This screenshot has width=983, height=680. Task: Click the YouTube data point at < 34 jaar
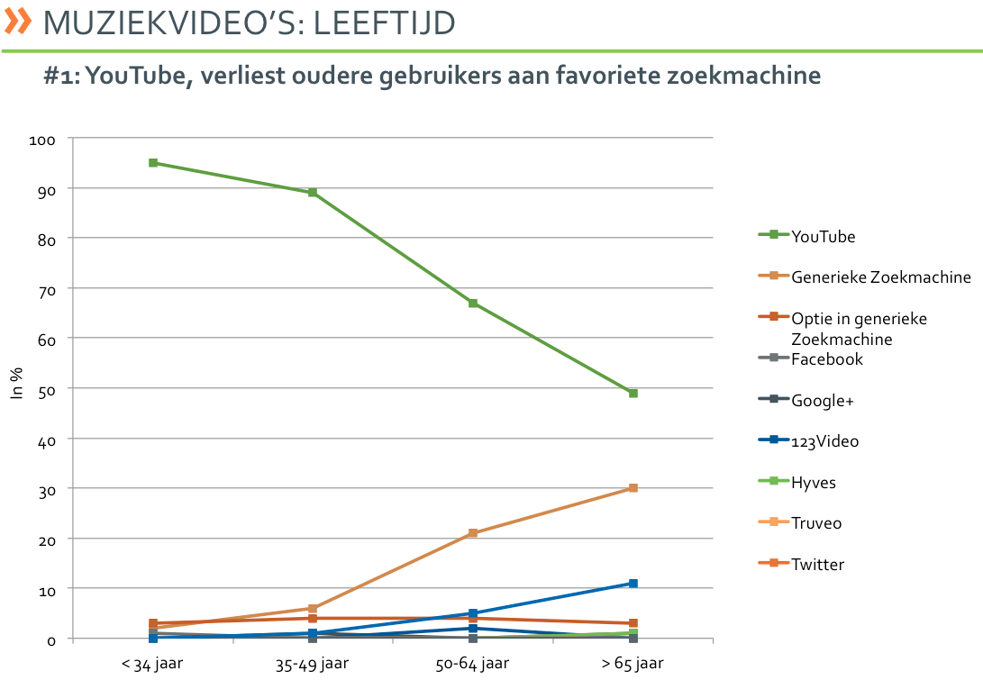click(x=153, y=163)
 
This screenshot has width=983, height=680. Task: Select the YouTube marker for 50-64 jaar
click(x=473, y=304)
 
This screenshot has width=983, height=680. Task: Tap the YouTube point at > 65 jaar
click(x=633, y=394)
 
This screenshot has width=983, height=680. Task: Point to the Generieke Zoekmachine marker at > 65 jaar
click(x=633, y=488)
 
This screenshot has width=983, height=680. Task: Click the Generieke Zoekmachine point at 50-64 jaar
click(x=473, y=533)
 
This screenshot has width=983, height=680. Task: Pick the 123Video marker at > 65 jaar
click(x=633, y=584)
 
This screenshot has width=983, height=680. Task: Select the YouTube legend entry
click(x=823, y=237)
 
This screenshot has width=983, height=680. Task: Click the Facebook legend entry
click(x=826, y=359)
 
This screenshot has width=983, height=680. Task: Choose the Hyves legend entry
click(x=813, y=483)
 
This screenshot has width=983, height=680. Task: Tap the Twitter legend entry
click(x=817, y=565)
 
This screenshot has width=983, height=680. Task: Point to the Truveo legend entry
click(x=816, y=523)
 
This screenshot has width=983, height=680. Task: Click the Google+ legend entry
click(x=822, y=400)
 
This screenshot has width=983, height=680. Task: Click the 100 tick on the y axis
click(x=44, y=140)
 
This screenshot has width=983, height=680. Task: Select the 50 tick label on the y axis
click(x=48, y=389)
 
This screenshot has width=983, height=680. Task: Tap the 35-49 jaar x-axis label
click(x=313, y=664)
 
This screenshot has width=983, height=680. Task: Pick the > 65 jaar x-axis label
click(x=633, y=664)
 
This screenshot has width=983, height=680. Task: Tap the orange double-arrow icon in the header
click(x=18, y=22)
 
